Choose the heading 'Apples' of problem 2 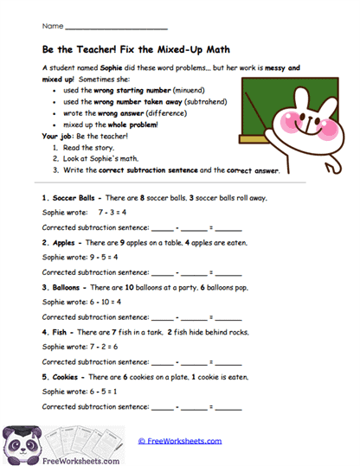click(x=65, y=243)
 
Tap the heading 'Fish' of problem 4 click(x=61, y=332)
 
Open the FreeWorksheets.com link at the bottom click(x=180, y=441)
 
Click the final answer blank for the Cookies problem click(x=228, y=406)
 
